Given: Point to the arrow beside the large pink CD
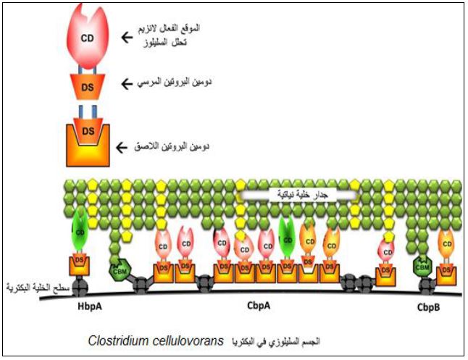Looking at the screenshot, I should tap(127, 34).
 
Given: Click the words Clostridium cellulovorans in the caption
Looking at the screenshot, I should tap(156, 340).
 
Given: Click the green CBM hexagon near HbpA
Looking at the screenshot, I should tap(118, 270).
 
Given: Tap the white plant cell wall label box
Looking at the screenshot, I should tap(298, 195).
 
